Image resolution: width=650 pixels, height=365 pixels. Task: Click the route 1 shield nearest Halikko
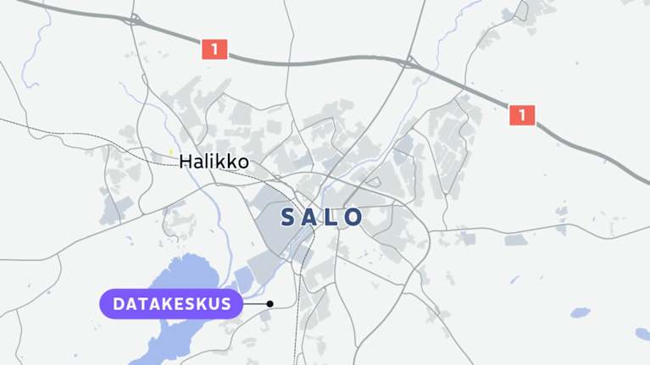click(214, 49)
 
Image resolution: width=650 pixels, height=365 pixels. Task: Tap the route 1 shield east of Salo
click(522, 114)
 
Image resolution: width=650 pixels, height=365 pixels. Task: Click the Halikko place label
click(214, 161)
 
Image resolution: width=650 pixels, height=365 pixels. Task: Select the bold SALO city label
click(322, 217)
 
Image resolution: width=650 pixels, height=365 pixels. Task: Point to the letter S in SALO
click(289, 217)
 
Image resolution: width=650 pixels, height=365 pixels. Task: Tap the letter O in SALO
click(353, 217)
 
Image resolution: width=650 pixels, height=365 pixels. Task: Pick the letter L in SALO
click(333, 217)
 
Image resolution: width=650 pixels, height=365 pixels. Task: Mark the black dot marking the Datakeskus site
click(269, 304)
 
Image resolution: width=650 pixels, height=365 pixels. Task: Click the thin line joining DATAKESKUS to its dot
click(255, 304)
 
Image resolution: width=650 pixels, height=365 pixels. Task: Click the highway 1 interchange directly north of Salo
click(409, 61)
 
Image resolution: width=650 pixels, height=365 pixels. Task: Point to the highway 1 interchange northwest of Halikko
click(135, 19)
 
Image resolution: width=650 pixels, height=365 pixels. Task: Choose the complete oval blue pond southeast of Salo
click(580, 312)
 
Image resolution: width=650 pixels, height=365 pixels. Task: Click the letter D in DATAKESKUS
click(119, 304)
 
